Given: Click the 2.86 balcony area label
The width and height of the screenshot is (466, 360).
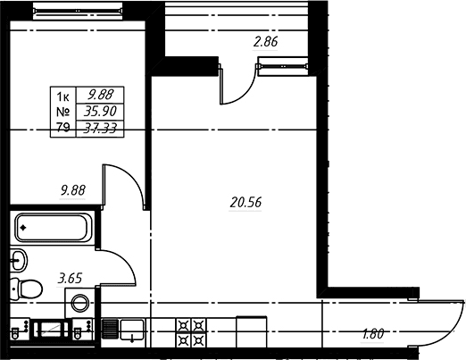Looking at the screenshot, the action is point(265,42).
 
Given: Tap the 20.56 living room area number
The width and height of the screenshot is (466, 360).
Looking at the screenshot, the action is point(245,203).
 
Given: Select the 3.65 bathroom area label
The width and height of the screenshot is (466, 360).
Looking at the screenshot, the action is point(70,279).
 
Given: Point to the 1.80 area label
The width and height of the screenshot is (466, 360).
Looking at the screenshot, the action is point(373,334).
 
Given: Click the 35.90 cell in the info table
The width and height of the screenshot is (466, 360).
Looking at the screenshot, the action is point(100,112).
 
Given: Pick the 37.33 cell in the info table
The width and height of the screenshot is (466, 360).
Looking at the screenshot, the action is point(100,129).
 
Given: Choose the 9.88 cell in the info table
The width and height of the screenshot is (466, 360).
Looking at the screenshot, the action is point(100,95).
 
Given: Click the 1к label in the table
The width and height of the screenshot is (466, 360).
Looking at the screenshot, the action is point(62,96).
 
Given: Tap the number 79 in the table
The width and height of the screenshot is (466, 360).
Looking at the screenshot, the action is point(62,128).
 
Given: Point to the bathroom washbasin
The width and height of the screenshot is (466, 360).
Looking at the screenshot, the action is point(19,260).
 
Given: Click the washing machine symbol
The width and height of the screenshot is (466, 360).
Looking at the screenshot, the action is point(80,303).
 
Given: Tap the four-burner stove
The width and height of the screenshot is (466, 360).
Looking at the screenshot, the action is point(191,333).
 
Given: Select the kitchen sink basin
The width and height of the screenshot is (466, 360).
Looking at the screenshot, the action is point(132,330).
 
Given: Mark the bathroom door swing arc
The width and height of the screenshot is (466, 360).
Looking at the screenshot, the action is point(125,262).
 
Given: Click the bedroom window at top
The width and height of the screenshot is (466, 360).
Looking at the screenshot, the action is point(78,11).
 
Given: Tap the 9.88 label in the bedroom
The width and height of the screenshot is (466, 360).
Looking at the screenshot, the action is point(73,190).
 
